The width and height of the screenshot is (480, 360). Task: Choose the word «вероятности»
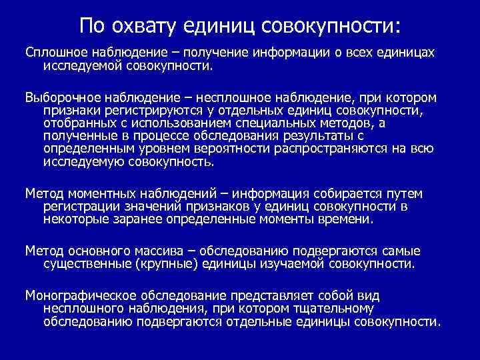[x=235, y=149]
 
